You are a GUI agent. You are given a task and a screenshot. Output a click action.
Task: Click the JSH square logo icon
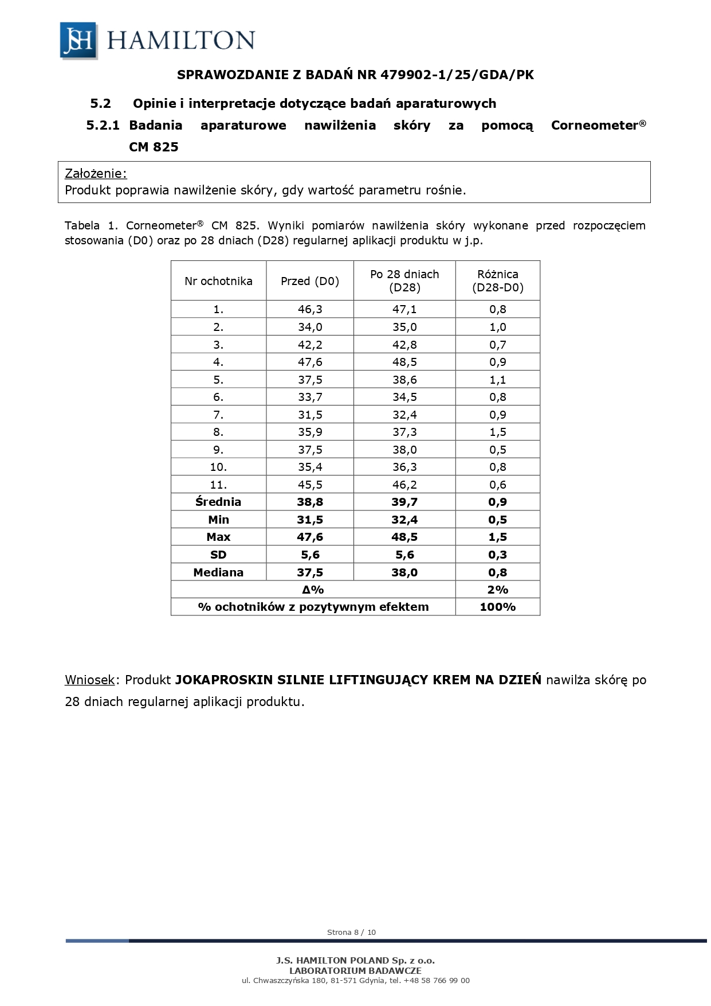click(78, 40)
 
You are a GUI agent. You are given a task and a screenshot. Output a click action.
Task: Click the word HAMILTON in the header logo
click(180, 41)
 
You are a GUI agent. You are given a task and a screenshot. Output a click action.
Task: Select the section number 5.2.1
click(103, 126)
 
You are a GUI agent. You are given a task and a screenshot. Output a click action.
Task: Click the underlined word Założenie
click(95, 174)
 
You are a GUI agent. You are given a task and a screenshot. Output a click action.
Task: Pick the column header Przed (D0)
click(310, 281)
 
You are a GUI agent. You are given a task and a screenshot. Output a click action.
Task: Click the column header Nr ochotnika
click(218, 281)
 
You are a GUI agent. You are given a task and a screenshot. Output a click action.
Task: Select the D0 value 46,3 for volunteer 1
click(310, 309)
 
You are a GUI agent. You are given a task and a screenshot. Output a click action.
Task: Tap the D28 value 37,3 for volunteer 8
click(404, 432)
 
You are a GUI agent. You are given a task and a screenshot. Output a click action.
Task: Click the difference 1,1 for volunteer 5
click(497, 380)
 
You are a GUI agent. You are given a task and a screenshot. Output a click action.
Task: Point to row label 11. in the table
click(218, 485)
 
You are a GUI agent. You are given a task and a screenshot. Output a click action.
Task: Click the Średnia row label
click(218, 502)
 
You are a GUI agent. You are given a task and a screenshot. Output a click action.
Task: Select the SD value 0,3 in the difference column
click(497, 555)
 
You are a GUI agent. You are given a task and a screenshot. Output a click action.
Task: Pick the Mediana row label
click(218, 572)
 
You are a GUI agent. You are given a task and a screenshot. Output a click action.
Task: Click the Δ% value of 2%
click(497, 590)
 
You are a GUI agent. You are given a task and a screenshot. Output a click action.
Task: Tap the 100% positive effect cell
click(497, 607)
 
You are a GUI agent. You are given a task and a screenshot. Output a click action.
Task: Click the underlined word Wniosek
click(90, 680)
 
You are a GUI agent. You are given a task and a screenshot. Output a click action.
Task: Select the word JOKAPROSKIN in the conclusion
click(223, 680)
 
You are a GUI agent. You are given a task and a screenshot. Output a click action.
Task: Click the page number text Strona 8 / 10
click(351, 932)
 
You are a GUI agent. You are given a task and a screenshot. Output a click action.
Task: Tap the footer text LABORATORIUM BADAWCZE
click(355, 970)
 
